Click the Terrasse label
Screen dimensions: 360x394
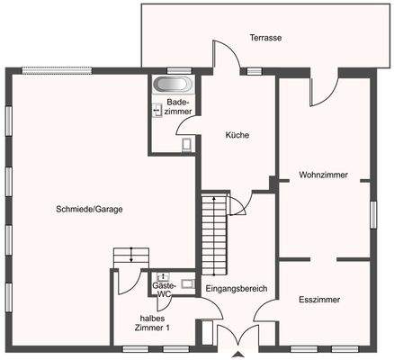(266, 38)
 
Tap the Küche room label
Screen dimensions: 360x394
(237, 136)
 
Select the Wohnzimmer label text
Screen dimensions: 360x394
(323, 175)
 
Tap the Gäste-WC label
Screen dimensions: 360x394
(163, 290)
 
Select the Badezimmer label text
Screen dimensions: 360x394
(177, 108)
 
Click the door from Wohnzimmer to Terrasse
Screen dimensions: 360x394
(324, 88)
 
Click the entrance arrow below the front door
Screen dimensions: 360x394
(238, 355)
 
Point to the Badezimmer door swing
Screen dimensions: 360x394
(187, 125)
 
